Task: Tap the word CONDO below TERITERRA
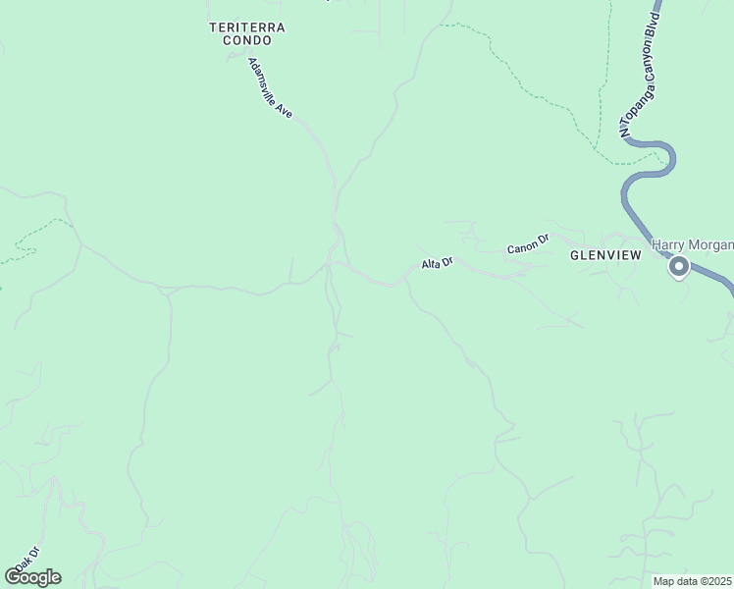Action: tap(247, 41)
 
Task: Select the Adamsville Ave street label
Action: tap(270, 89)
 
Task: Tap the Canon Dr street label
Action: tap(527, 244)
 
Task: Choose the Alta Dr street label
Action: tap(437, 263)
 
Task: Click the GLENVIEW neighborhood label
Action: tap(605, 255)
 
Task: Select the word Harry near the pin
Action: tap(671, 243)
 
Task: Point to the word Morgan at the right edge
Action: tap(712, 243)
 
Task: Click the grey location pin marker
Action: tap(678, 266)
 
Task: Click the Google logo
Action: tap(32, 577)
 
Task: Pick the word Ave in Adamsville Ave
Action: tap(286, 110)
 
